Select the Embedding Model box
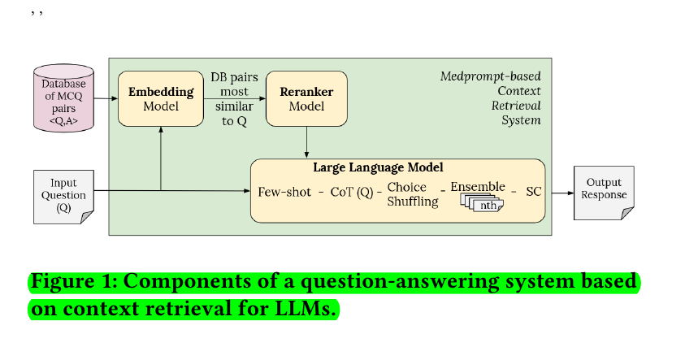(160, 98)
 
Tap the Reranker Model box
(306, 98)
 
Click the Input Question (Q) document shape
(63, 196)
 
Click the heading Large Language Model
(378, 167)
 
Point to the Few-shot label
(284, 193)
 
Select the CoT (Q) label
(351, 193)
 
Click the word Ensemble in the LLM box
(478, 187)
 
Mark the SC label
(533, 193)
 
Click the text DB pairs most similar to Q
(234, 98)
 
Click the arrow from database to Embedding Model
(105, 98)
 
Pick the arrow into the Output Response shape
(561, 193)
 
